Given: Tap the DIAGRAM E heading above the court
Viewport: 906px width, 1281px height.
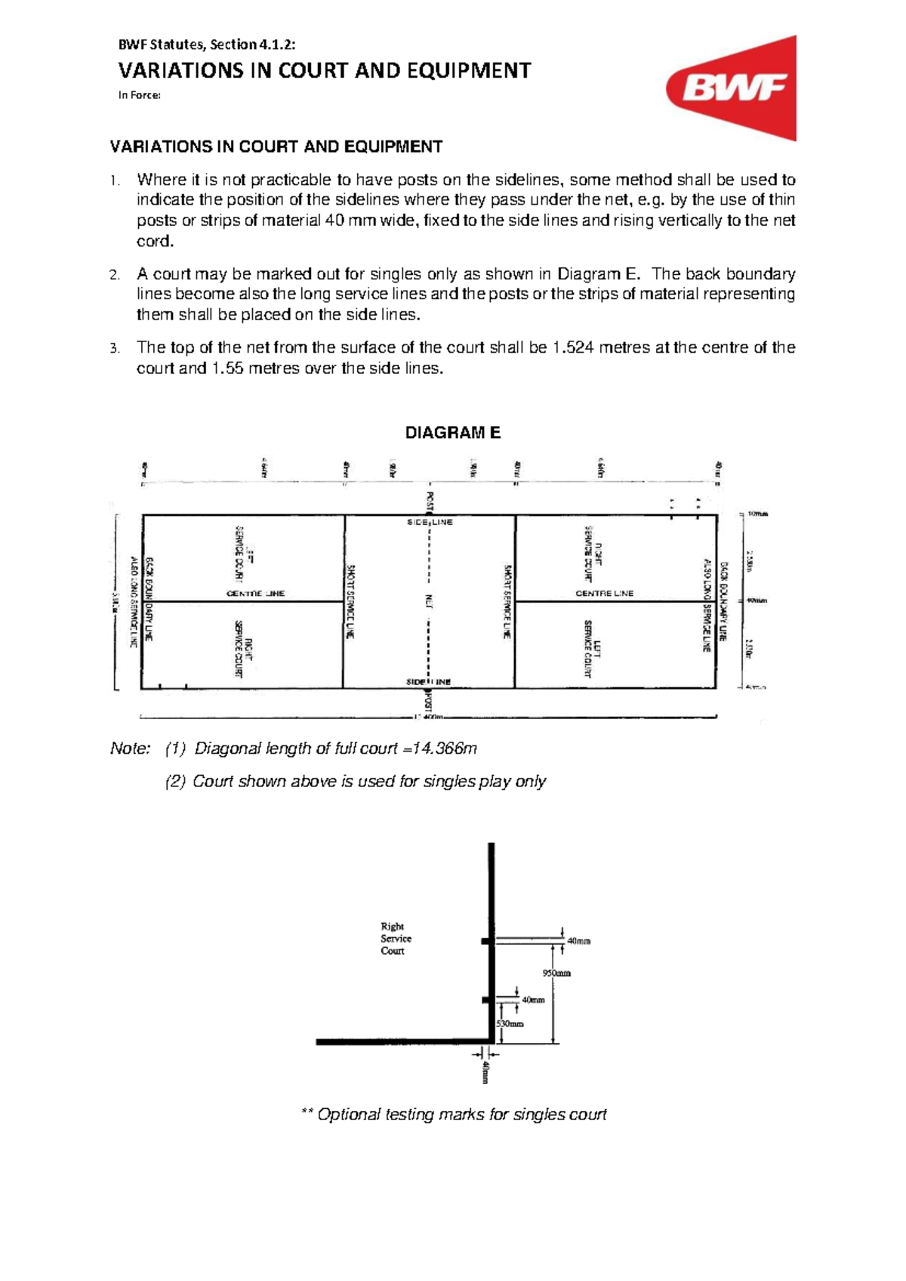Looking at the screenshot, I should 453,433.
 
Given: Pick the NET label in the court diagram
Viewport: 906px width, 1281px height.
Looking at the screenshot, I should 428,601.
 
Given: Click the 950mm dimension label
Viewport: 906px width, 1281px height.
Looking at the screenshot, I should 557,973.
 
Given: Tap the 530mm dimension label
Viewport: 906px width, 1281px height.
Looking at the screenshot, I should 510,1023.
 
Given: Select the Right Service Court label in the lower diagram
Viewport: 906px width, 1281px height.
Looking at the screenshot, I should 396,938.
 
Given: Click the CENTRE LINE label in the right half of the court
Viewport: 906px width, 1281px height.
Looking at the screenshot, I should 604,594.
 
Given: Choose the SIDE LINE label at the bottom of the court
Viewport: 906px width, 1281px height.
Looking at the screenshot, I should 428,681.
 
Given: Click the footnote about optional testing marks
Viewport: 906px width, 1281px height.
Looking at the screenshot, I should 453,1115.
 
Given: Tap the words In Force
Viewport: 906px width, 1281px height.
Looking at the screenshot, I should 140,95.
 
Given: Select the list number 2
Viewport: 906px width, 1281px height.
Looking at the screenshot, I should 114,275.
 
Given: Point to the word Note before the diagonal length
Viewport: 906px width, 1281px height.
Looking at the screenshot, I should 130,749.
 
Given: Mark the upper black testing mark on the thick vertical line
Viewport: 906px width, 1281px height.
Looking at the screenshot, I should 487,941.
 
